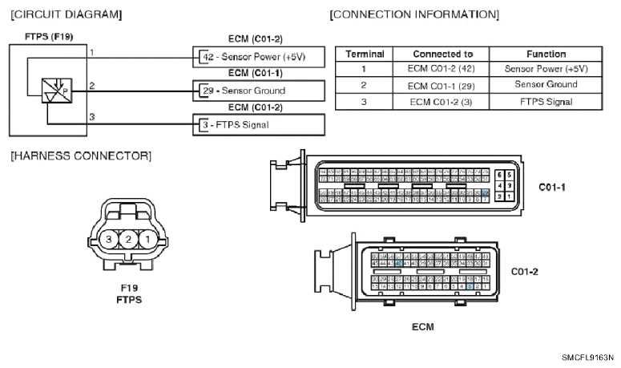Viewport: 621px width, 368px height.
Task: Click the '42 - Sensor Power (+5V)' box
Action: click(x=260, y=57)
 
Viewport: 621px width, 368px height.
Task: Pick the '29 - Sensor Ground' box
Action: click(x=260, y=91)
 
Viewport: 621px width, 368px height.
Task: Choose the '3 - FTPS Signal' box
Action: click(x=260, y=125)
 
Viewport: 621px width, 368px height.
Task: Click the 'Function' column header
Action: click(x=546, y=54)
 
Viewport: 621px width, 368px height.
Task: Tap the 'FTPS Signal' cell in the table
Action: click(x=546, y=101)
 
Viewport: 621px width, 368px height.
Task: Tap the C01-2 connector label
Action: click(x=525, y=271)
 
